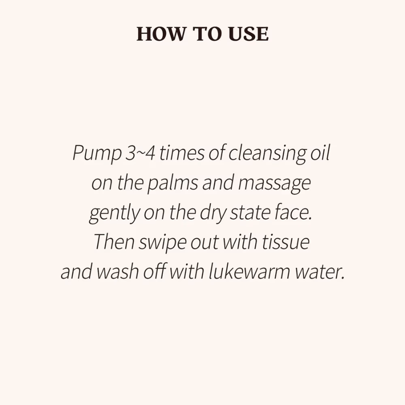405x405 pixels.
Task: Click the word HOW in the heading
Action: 161,34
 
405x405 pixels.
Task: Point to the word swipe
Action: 162,243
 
